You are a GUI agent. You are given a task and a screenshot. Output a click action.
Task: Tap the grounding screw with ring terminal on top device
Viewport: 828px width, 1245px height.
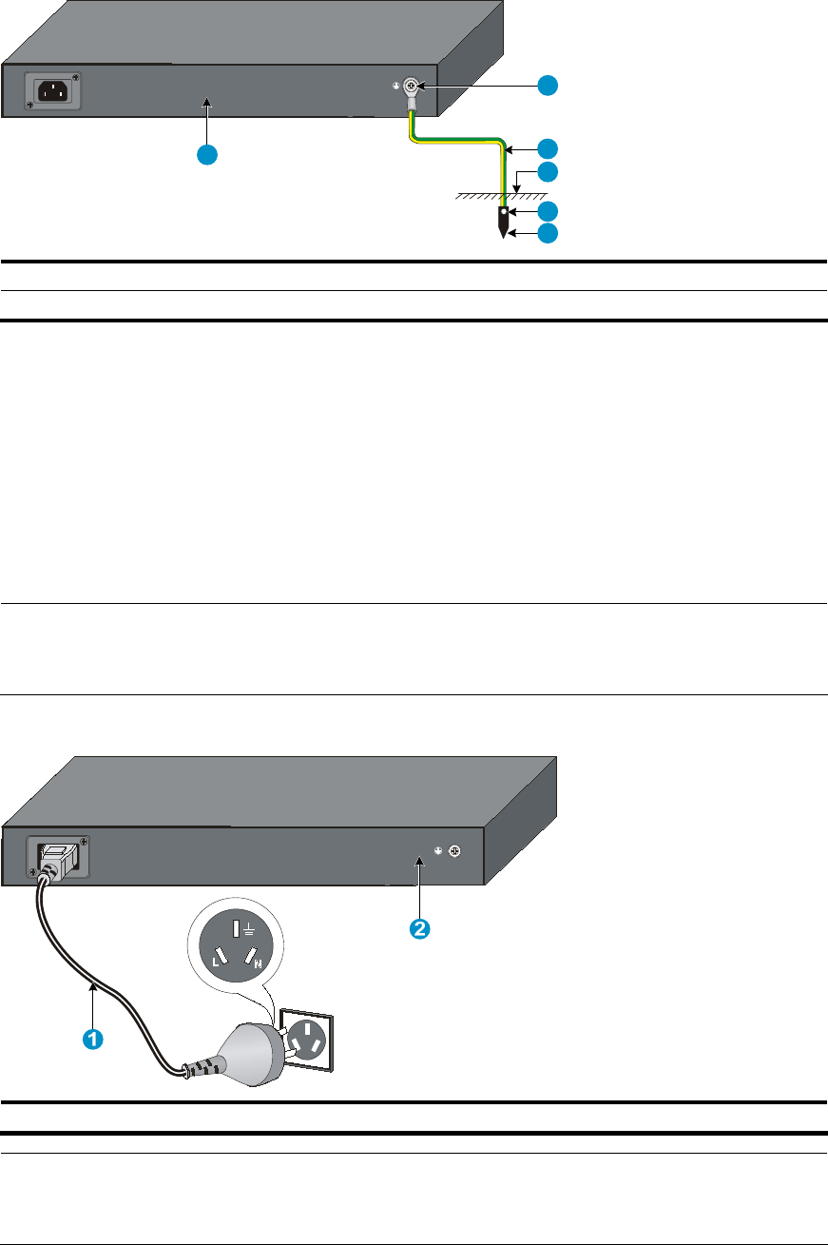pyautogui.click(x=413, y=87)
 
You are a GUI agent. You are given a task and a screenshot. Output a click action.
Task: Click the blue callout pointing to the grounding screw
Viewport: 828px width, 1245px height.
pyautogui.click(x=548, y=86)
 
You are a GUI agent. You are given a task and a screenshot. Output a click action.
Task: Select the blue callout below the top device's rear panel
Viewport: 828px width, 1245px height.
pyautogui.click(x=207, y=155)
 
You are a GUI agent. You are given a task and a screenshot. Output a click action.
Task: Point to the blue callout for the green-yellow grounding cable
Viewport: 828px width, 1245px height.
pyautogui.click(x=548, y=148)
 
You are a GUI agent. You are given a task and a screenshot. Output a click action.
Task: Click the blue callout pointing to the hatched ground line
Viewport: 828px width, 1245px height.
pyautogui.click(x=548, y=172)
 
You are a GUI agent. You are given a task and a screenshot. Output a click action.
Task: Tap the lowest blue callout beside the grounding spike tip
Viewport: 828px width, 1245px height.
pyautogui.click(x=548, y=233)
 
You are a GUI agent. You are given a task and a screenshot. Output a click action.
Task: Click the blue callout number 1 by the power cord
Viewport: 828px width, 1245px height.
pyautogui.click(x=91, y=1040)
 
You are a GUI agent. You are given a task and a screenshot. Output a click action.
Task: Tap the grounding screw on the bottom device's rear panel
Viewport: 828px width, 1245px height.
pyautogui.click(x=454, y=851)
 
